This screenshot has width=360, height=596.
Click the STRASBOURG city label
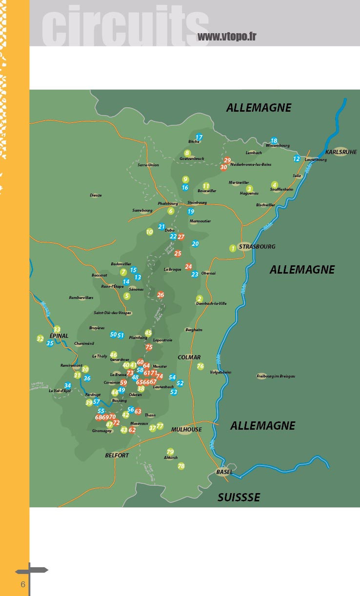[257, 246]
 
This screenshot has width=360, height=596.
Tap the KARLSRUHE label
[341, 152]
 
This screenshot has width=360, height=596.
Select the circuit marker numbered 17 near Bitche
[199, 137]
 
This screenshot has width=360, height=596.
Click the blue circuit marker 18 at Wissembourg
[274, 140]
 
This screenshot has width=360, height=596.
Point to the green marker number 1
[233, 248]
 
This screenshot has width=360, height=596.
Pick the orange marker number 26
[160, 295]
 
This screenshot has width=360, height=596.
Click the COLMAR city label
[189, 357]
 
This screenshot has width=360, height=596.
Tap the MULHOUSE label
[186, 430]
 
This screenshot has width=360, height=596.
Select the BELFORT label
[117, 455]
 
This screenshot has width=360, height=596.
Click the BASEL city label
[224, 472]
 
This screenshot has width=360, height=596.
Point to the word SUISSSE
[239, 497]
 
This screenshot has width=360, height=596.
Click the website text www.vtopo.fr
[227, 37]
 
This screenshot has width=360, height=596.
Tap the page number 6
[22, 584]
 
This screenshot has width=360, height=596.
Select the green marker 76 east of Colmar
[200, 366]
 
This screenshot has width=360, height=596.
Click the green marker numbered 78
[181, 466]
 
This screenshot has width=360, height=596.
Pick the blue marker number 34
[67, 386]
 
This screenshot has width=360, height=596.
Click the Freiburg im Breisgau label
[276, 376]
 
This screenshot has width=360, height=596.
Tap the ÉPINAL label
[59, 336]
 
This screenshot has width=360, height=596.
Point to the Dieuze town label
[96, 195]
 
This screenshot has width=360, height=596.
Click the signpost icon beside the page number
[31, 572]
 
